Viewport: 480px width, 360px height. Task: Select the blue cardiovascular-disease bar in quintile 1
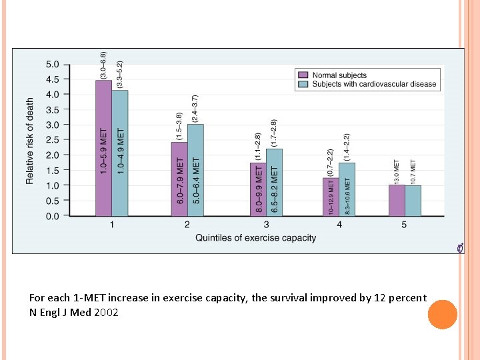coord(120,153)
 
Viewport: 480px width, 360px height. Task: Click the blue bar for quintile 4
coord(347,189)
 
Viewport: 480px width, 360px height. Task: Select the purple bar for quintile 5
coord(397,201)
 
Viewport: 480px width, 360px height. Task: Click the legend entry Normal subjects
coord(339,75)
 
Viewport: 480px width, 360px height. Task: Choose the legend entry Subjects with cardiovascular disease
coord(374,84)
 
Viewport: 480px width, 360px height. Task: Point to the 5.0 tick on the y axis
coord(52,65)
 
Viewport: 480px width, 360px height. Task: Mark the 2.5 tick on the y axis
coord(52,140)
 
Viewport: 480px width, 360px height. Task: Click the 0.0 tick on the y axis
coord(52,216)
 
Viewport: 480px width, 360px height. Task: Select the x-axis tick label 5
coord(404,225)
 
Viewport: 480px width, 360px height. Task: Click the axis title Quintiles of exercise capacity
coord(255,238)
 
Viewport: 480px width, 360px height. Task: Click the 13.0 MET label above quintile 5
coord(397,172)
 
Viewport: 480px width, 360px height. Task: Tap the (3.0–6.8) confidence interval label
coord(103,66)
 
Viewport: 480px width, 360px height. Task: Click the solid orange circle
coord(442,314)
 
